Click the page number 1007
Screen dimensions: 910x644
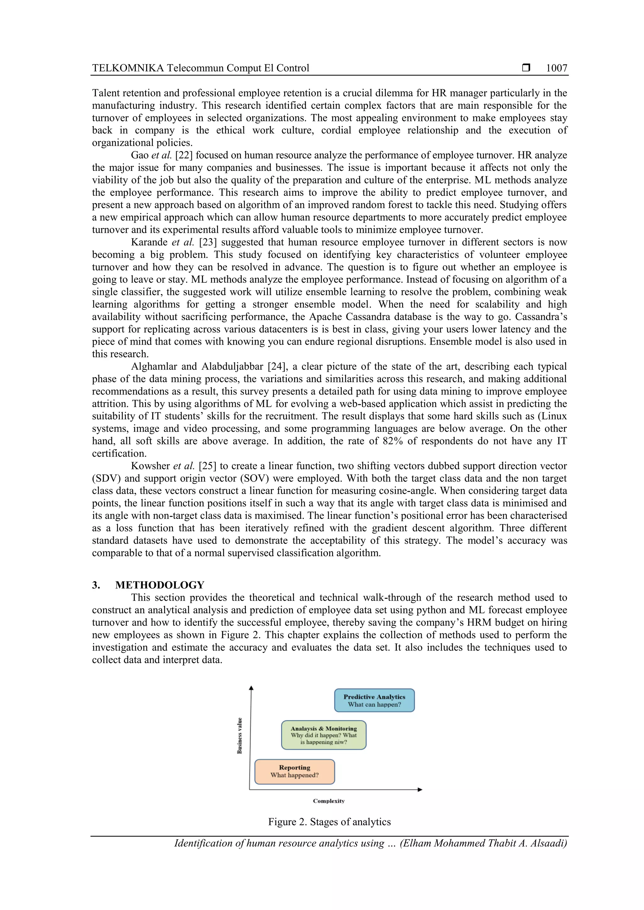(556, 68)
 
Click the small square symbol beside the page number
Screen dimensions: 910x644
(526, 68)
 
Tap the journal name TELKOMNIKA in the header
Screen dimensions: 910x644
(128, 68)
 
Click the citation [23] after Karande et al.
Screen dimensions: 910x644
(208, 242)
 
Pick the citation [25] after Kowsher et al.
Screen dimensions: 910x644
(208, 466)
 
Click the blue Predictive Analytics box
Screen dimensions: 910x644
(374, 700)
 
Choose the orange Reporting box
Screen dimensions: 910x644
(294, 771)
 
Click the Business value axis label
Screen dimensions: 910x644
(239, 736)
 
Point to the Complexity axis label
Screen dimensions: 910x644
(329, 801)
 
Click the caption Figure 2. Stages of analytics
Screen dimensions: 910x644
(329, 822)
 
